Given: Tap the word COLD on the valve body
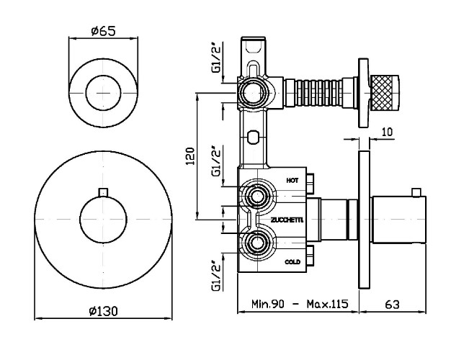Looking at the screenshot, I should pos(292,262).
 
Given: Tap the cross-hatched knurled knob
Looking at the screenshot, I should pos(385,94).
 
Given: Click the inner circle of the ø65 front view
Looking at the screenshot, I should pos(104,94).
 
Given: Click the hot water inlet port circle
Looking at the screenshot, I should pos(254,196).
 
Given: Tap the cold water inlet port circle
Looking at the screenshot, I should pos(254,243).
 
